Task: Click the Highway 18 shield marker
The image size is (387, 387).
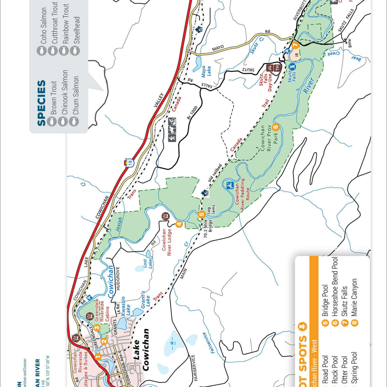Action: [x=129, y=163]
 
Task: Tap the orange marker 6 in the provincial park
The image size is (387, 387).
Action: [x=275, y=127]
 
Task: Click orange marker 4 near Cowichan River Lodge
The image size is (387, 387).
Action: [x=179, y=224]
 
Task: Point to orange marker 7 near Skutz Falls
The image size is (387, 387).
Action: [x=295, y=45]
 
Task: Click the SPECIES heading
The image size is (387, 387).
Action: [x=41, y=103]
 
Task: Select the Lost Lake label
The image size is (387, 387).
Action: [x=147, y=263]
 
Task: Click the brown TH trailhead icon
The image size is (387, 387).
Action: [x=277, y=68]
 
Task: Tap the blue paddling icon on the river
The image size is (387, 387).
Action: [x=230, y=185]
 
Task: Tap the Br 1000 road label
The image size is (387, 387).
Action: [x=193, y=113]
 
